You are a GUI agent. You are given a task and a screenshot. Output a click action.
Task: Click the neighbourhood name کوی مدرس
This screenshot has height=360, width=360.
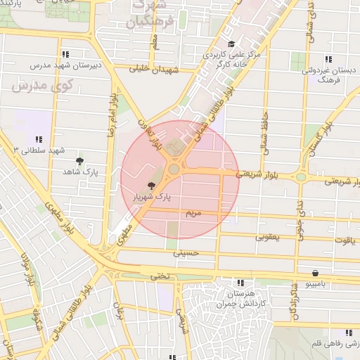[34, 87]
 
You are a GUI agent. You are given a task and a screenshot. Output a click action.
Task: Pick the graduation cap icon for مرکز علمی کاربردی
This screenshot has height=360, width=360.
[231, 44]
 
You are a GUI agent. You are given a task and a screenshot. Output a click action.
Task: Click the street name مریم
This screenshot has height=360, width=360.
[193, 212]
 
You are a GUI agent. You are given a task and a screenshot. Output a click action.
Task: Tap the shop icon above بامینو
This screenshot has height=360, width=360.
[314, 272]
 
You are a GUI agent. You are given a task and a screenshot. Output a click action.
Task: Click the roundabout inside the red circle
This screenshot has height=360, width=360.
[173, 169]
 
